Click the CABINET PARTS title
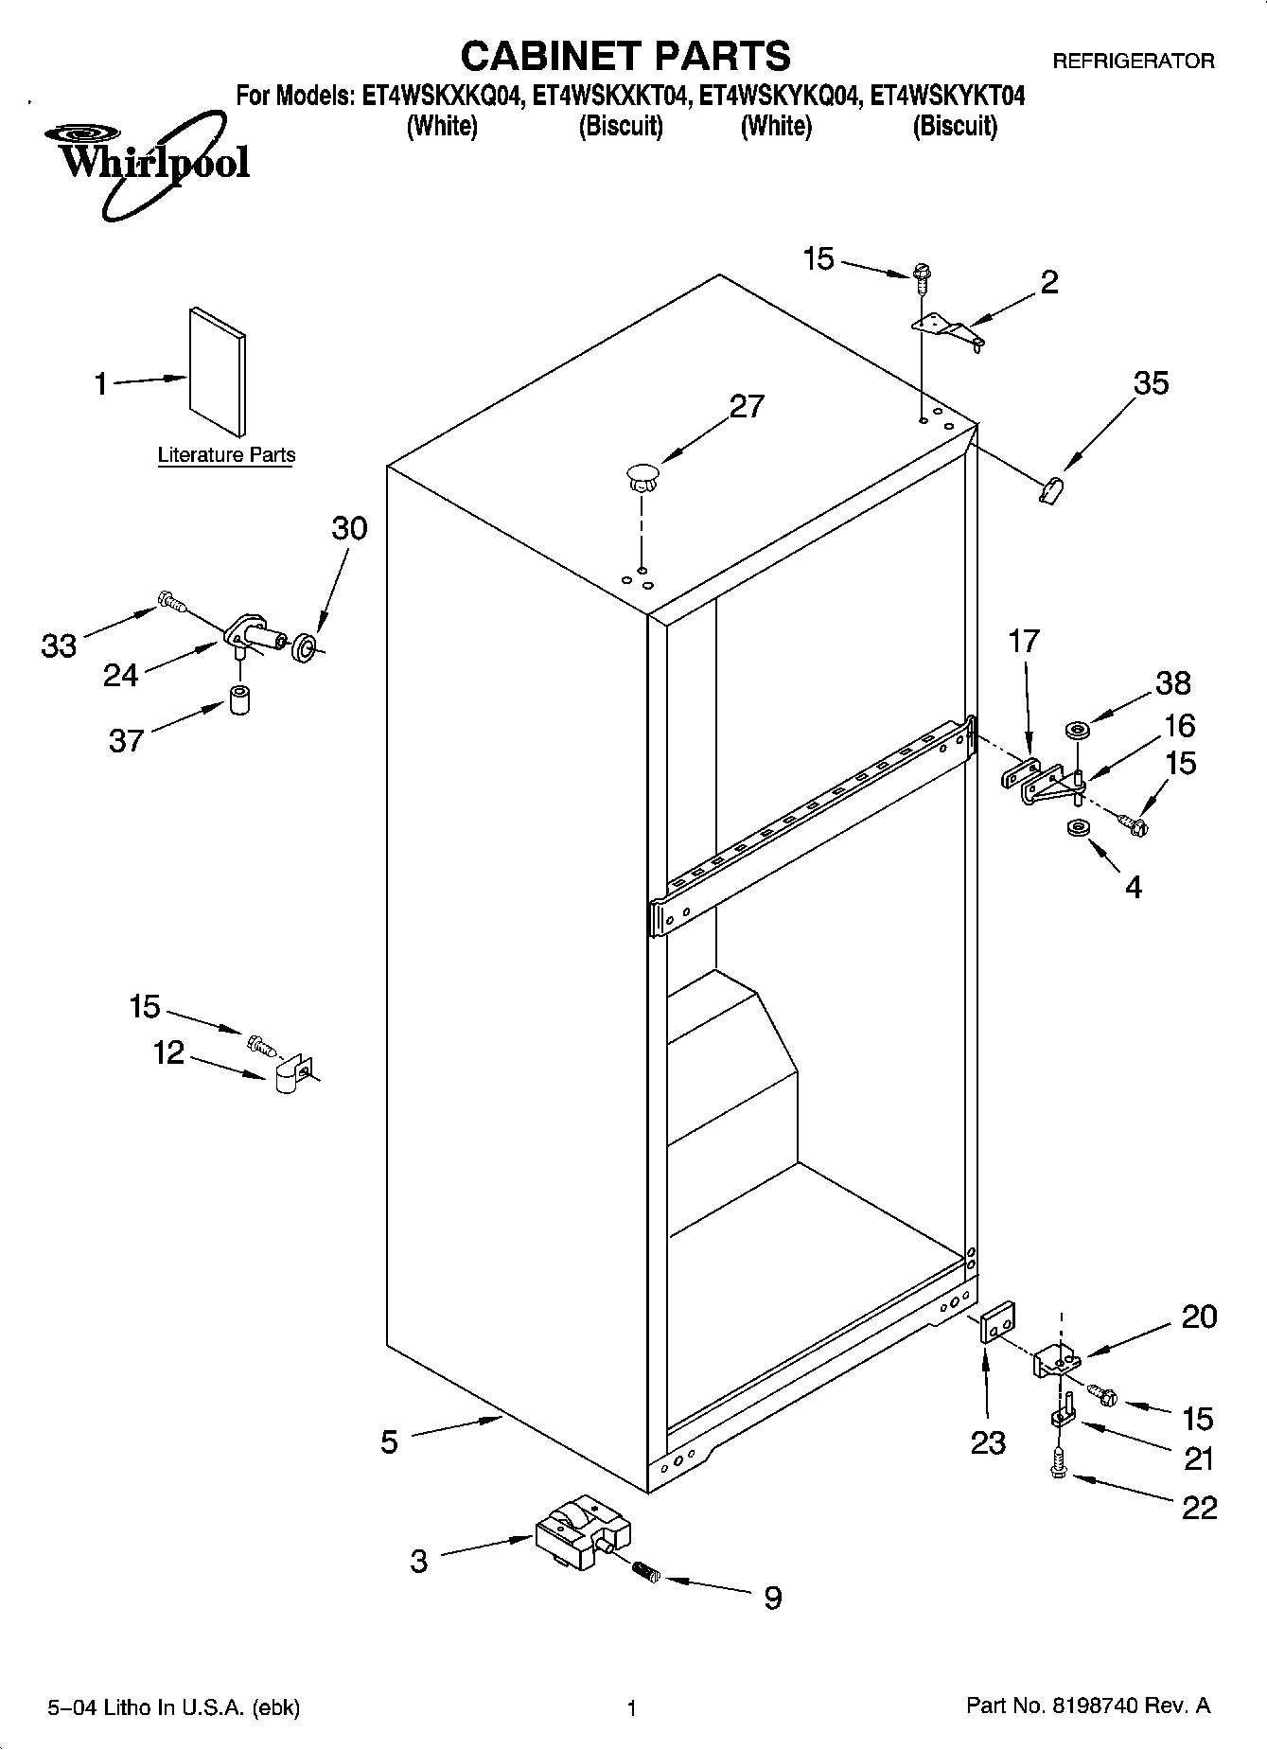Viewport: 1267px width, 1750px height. point(625,56)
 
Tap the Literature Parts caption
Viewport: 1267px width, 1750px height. point(226,455)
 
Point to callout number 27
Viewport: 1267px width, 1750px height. point(747,406)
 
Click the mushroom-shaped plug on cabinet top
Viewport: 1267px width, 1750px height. point(642,476)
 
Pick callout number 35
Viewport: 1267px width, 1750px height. point(1151,383)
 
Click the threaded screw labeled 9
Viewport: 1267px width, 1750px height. point(644,1572)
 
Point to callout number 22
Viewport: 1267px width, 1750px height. point(1199,1507)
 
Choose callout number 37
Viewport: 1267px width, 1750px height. point(126,740)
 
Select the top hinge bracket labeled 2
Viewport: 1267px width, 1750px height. point(947,328)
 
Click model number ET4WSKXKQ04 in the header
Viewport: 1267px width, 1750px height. point(442,97)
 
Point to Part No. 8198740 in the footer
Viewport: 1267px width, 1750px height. point(1088,1706)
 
